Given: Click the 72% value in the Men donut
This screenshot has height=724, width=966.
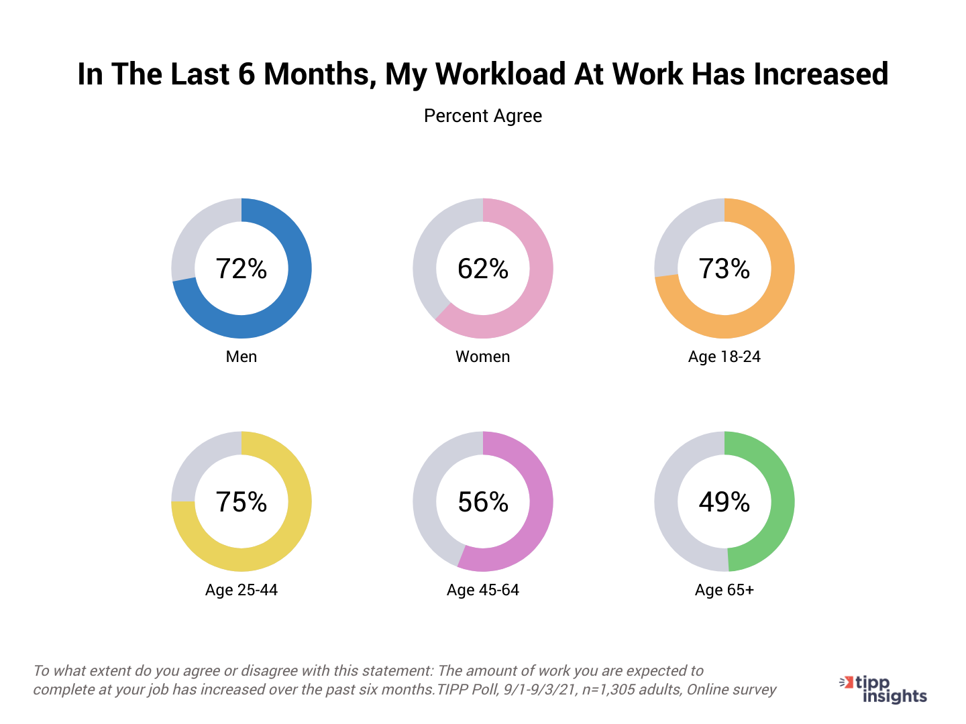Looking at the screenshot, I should [x=241, y=269].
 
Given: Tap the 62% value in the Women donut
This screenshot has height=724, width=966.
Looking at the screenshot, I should [x=483, y=269].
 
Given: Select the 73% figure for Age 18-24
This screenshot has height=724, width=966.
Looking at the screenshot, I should [x=724, y=269].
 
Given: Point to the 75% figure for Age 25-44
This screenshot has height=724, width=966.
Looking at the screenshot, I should [x=241, y=502].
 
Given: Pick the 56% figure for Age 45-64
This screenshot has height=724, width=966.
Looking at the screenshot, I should [x=483, y=502].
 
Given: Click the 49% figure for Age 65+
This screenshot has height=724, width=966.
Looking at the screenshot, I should [x=724, y=502].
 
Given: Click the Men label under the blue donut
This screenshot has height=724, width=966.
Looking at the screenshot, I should [x=241, y=357].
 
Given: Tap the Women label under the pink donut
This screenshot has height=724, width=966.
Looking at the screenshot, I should [x=483, y=357].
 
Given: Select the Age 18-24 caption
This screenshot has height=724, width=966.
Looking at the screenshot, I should [x=724, y=357].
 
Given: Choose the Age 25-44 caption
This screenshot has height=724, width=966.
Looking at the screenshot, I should [x=241, y=590].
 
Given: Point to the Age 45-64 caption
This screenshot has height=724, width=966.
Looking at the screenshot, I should [x=483, y=590].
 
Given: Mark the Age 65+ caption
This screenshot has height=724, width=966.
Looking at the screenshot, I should [x=724, y=590].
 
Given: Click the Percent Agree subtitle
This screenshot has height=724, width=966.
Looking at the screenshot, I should [x=483, y=116].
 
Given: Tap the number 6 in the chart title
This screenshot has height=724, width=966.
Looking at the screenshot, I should [x=246, y=74].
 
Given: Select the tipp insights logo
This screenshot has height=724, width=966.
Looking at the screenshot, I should [x=884, y=689].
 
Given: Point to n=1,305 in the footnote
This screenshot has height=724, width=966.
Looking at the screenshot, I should [x=611, y=690].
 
